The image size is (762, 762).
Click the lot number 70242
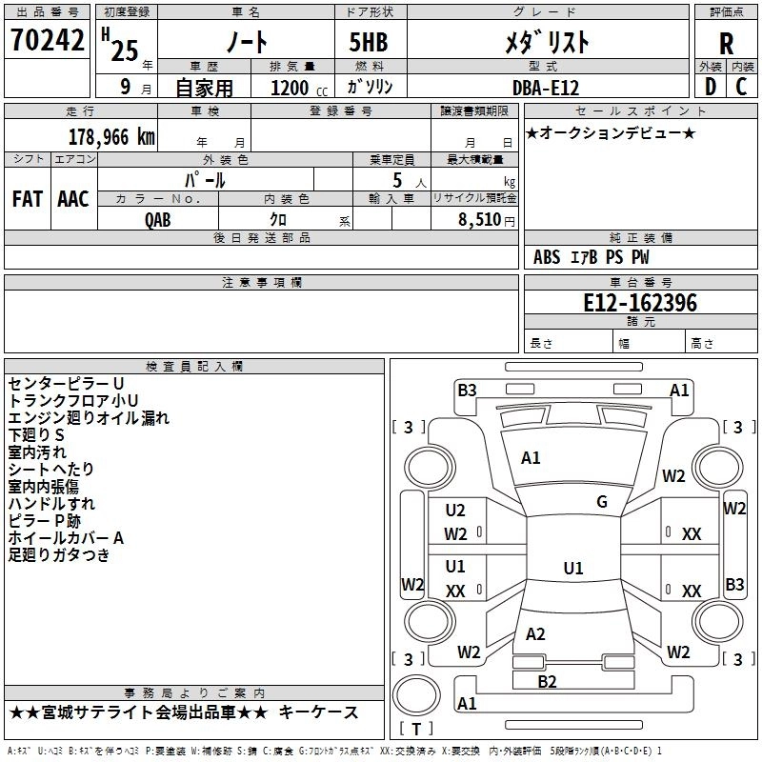click(x=47, y=40)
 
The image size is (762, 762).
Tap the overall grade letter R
click(x=726, y=44)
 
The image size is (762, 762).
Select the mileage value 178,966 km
click(x=111, y=137)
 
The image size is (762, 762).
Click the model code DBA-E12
click(x=546, y=88)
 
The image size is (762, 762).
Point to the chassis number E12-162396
click(x=640, y=303)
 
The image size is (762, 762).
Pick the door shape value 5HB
click(x=369, y=42)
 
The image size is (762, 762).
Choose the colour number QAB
click(x=158, y=220)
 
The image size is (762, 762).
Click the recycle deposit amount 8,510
click(x=480, y=220)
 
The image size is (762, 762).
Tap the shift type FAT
click(x=28, y=199)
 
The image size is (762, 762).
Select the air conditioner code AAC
click(x=73, y=199)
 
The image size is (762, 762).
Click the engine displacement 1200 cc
click(x=299, y=88)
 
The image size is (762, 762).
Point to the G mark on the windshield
click(x=602, y=502)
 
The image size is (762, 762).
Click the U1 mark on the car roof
click(x=573, y=568)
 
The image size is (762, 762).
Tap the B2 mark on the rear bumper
click(x=547, y=682)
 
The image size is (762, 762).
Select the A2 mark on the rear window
click(x=535, y=634)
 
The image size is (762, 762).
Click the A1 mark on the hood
click(x=531, y=458)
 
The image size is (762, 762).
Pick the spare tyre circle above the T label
click(x=416, y=695)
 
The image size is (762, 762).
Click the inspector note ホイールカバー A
click(x=66, y=538)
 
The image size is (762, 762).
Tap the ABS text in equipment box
click(x=547, y=257)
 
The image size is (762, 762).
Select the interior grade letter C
click(x=741, y=87)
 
